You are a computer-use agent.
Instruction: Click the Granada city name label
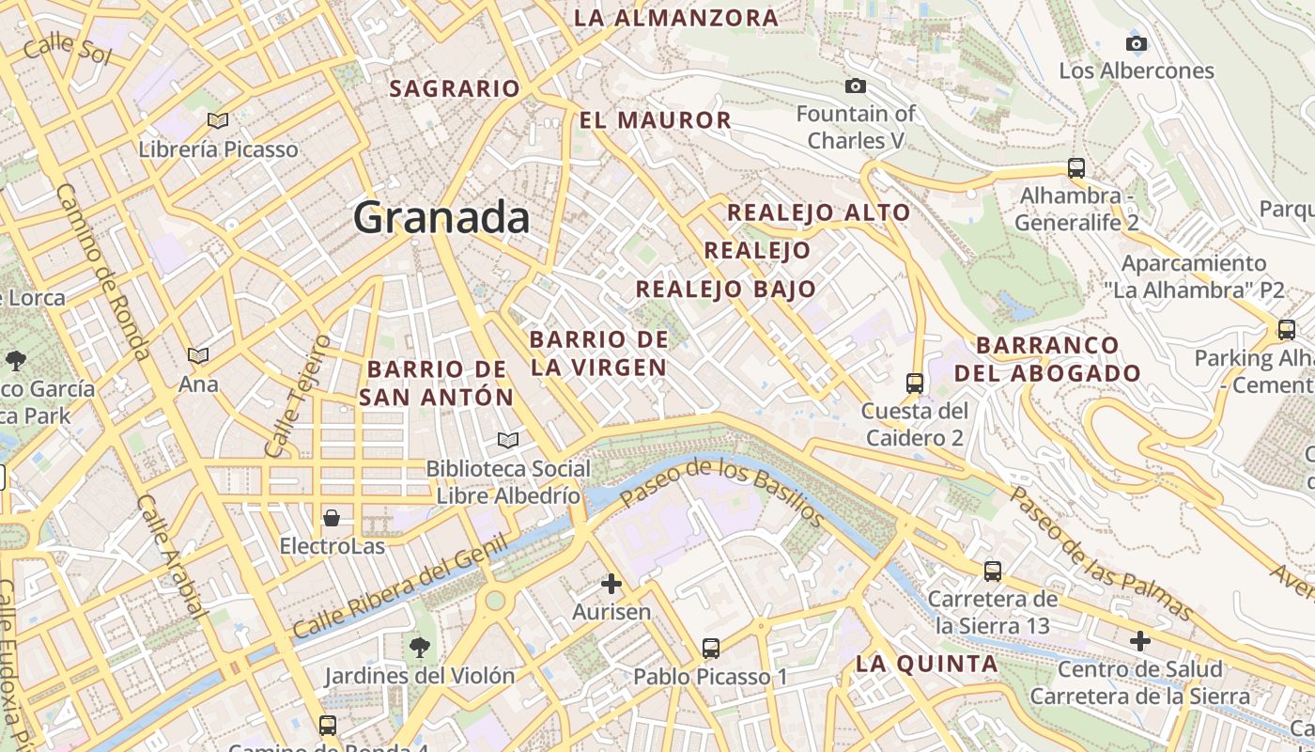[441, 218]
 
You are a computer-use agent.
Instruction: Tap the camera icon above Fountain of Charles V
[855, 86]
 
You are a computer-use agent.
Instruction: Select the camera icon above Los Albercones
[1136, 43]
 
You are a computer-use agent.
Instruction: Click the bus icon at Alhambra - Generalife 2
[1076, 169]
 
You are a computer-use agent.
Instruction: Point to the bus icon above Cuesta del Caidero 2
[915, 383]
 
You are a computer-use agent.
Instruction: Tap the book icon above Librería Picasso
[218, 120]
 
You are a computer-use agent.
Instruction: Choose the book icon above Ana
[197, 355]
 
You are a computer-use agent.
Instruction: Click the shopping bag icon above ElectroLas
[332, 518]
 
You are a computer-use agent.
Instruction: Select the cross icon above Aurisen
[611, 585]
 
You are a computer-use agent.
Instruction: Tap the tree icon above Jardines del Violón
[419, 647]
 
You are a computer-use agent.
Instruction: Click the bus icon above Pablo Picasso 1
[711, 649]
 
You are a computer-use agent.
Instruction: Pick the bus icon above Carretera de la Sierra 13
[993, 571]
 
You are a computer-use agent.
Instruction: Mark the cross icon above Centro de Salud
[1140, 641]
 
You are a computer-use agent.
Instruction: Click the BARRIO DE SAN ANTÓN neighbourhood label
[437, 383]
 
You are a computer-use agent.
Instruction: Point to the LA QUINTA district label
[926, 664]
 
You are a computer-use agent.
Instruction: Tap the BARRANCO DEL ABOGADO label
[1047, 359]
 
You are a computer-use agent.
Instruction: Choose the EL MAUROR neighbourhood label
[655, 120]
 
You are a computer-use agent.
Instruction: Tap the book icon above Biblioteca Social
[508, 440]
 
